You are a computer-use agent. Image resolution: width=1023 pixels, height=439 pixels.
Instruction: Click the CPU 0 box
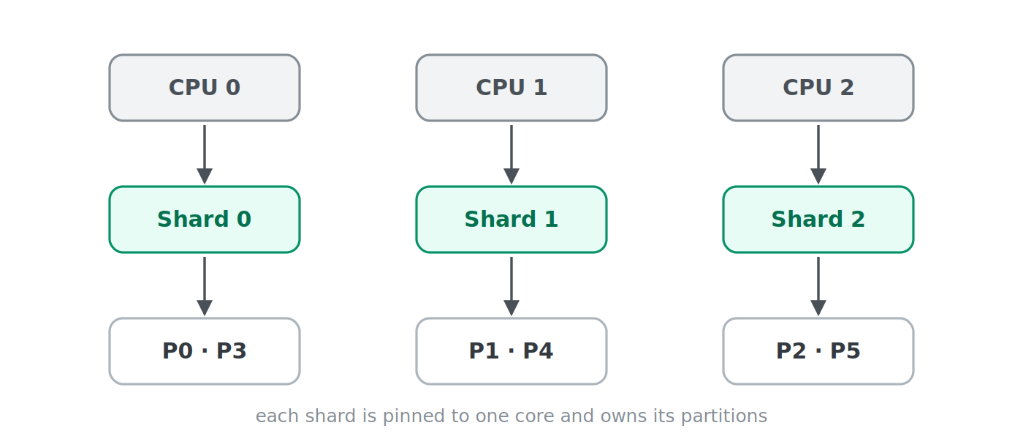205,88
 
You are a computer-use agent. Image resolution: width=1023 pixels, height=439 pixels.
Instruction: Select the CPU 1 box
512,88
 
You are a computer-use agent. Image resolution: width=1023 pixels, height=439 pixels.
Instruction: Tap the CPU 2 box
818,88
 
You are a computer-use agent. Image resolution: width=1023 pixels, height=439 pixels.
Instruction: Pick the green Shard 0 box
205,219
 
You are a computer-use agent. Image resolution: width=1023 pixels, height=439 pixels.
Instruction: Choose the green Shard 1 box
512,219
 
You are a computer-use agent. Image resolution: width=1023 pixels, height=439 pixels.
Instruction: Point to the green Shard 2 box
818,219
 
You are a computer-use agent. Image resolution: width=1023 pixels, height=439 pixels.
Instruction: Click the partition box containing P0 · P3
205,351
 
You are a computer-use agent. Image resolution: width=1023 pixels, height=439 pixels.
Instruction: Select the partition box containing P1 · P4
512,351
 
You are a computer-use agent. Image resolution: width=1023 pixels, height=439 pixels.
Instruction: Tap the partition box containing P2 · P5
818,351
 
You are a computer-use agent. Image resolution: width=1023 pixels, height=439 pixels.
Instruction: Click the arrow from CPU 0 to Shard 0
205,154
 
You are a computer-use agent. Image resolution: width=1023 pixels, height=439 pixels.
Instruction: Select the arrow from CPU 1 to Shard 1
512,154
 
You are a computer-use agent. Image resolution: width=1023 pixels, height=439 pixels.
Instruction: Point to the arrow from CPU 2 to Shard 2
818,154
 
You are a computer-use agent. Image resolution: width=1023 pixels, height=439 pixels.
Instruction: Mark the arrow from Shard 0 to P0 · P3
205,286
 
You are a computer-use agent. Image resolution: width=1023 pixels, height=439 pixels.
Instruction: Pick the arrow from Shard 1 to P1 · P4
512,286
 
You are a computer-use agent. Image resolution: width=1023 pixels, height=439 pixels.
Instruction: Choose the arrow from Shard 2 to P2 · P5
818,286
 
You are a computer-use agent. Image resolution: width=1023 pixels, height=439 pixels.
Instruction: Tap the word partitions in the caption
724,416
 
